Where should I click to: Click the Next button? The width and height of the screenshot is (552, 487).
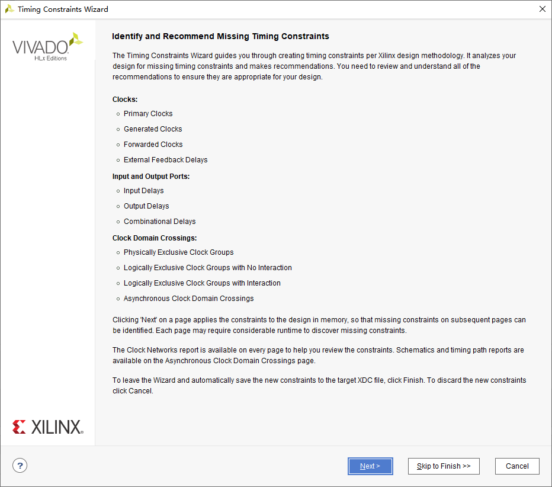pos(370,466)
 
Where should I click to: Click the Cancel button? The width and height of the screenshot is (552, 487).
pos(517,466)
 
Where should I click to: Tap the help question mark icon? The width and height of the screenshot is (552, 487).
pos(20,466)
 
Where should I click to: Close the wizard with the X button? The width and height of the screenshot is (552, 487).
pos(542,9)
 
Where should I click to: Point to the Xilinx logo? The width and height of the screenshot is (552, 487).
pos(48,427)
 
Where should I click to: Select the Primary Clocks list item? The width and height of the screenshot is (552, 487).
pos(148,114)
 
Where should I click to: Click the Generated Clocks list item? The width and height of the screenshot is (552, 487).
pos(153,129)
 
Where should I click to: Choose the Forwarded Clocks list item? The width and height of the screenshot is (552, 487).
pos(153,145)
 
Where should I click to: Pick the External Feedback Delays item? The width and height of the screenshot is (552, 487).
pos(165,160)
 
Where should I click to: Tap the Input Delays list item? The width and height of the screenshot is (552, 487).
pos(143,191)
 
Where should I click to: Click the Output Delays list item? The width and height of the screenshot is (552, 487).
pos(146,206)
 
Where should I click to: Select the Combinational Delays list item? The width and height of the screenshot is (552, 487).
pos(159,222)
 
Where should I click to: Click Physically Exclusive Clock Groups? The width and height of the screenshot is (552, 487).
pos(178,252)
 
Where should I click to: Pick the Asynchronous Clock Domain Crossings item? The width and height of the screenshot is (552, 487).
pos(188,299)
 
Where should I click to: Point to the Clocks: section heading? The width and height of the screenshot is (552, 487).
pos(125,100)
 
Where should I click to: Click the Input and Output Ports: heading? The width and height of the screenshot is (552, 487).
pos(151,177)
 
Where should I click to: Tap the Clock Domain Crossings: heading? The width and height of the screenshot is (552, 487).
pos(155,238)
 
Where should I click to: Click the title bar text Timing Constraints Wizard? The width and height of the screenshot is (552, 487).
pos(63,9)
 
